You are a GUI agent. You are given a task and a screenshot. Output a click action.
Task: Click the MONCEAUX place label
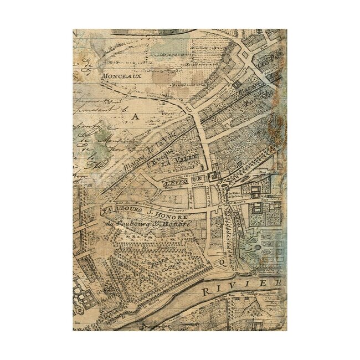click(x=120, y=76)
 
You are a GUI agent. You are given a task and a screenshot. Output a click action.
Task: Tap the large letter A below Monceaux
click(x=135, y=116)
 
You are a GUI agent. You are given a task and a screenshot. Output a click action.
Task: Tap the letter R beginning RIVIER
click(x=206, y=291)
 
